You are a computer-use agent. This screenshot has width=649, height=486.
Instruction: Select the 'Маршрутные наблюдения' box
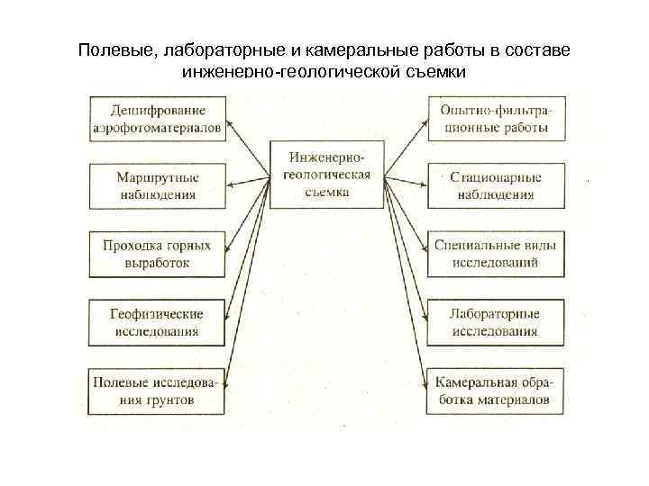(x=157, y=184)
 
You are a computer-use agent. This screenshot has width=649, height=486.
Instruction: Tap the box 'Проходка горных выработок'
(x=157, y=254)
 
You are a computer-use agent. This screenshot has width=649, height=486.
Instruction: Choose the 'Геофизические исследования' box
(x=157, y=322)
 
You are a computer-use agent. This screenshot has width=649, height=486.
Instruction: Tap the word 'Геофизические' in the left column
(x=157, y=314)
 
